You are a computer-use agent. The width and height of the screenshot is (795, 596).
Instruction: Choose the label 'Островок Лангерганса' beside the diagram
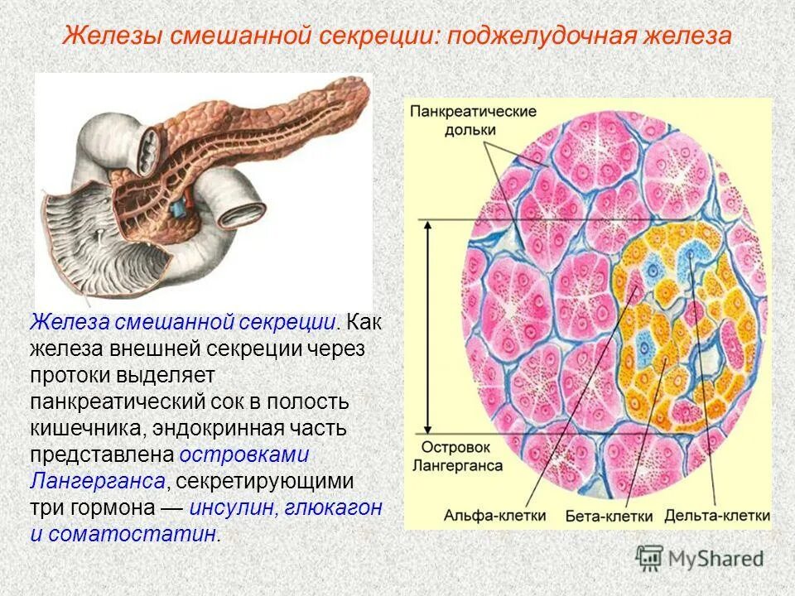pos(455,457)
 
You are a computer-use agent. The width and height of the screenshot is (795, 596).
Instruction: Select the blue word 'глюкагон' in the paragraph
pos(333,507)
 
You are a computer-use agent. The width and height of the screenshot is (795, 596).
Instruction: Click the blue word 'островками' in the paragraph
pos(243,454)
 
